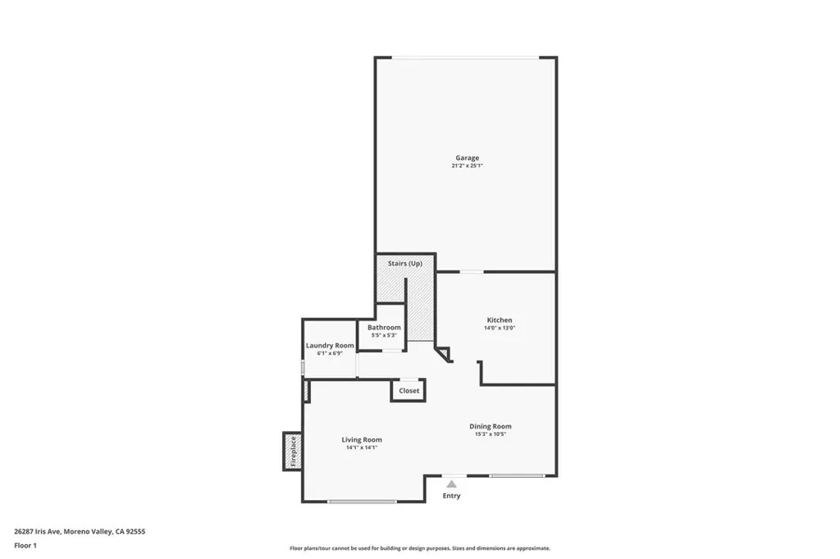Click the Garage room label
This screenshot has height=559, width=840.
click(468, 157)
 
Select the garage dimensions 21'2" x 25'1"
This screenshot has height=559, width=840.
click(468, 166)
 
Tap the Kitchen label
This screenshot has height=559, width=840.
click(500, 320)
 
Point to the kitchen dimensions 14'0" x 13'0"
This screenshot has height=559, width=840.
click(500, 328)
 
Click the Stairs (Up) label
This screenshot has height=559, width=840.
click(405, 263)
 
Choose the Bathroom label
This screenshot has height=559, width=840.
click(384, 327)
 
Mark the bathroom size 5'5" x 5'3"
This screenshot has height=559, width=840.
click(384, 335)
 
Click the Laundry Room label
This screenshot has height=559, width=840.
click(330, 345)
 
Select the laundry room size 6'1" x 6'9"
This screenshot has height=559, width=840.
click(330, 353)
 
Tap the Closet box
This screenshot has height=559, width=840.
click(409, 391)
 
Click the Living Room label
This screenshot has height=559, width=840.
click(362, 439)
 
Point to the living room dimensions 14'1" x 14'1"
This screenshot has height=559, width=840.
click(362, 448)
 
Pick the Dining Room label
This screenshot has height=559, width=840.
click(491, 425)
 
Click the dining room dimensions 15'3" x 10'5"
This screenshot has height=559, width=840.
click(491, 434)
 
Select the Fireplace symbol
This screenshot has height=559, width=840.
click(291, 451)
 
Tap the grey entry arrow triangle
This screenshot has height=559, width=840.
click(451, 484)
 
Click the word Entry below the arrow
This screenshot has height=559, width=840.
click(451, 496)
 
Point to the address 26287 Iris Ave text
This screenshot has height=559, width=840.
click(80, 531)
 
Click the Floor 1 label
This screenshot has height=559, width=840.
click(25, 544)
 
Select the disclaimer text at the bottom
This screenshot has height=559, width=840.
click(419, 548)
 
